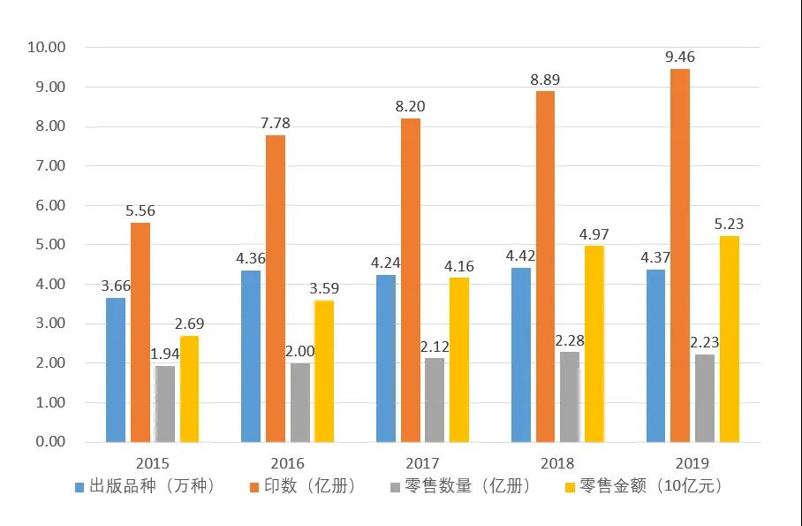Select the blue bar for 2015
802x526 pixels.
(116, 370)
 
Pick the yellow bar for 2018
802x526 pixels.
(594, 344)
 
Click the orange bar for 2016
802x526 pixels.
(276, 288)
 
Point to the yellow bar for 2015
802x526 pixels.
(190, 389)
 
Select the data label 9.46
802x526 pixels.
(680, 57)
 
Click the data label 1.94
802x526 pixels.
(165, 354)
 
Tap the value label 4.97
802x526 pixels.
(594, 234)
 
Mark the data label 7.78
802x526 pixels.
(276, 124)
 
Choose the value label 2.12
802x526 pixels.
(435, 347)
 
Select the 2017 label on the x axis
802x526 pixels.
(422, 463)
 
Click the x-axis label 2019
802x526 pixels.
(692, 463)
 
